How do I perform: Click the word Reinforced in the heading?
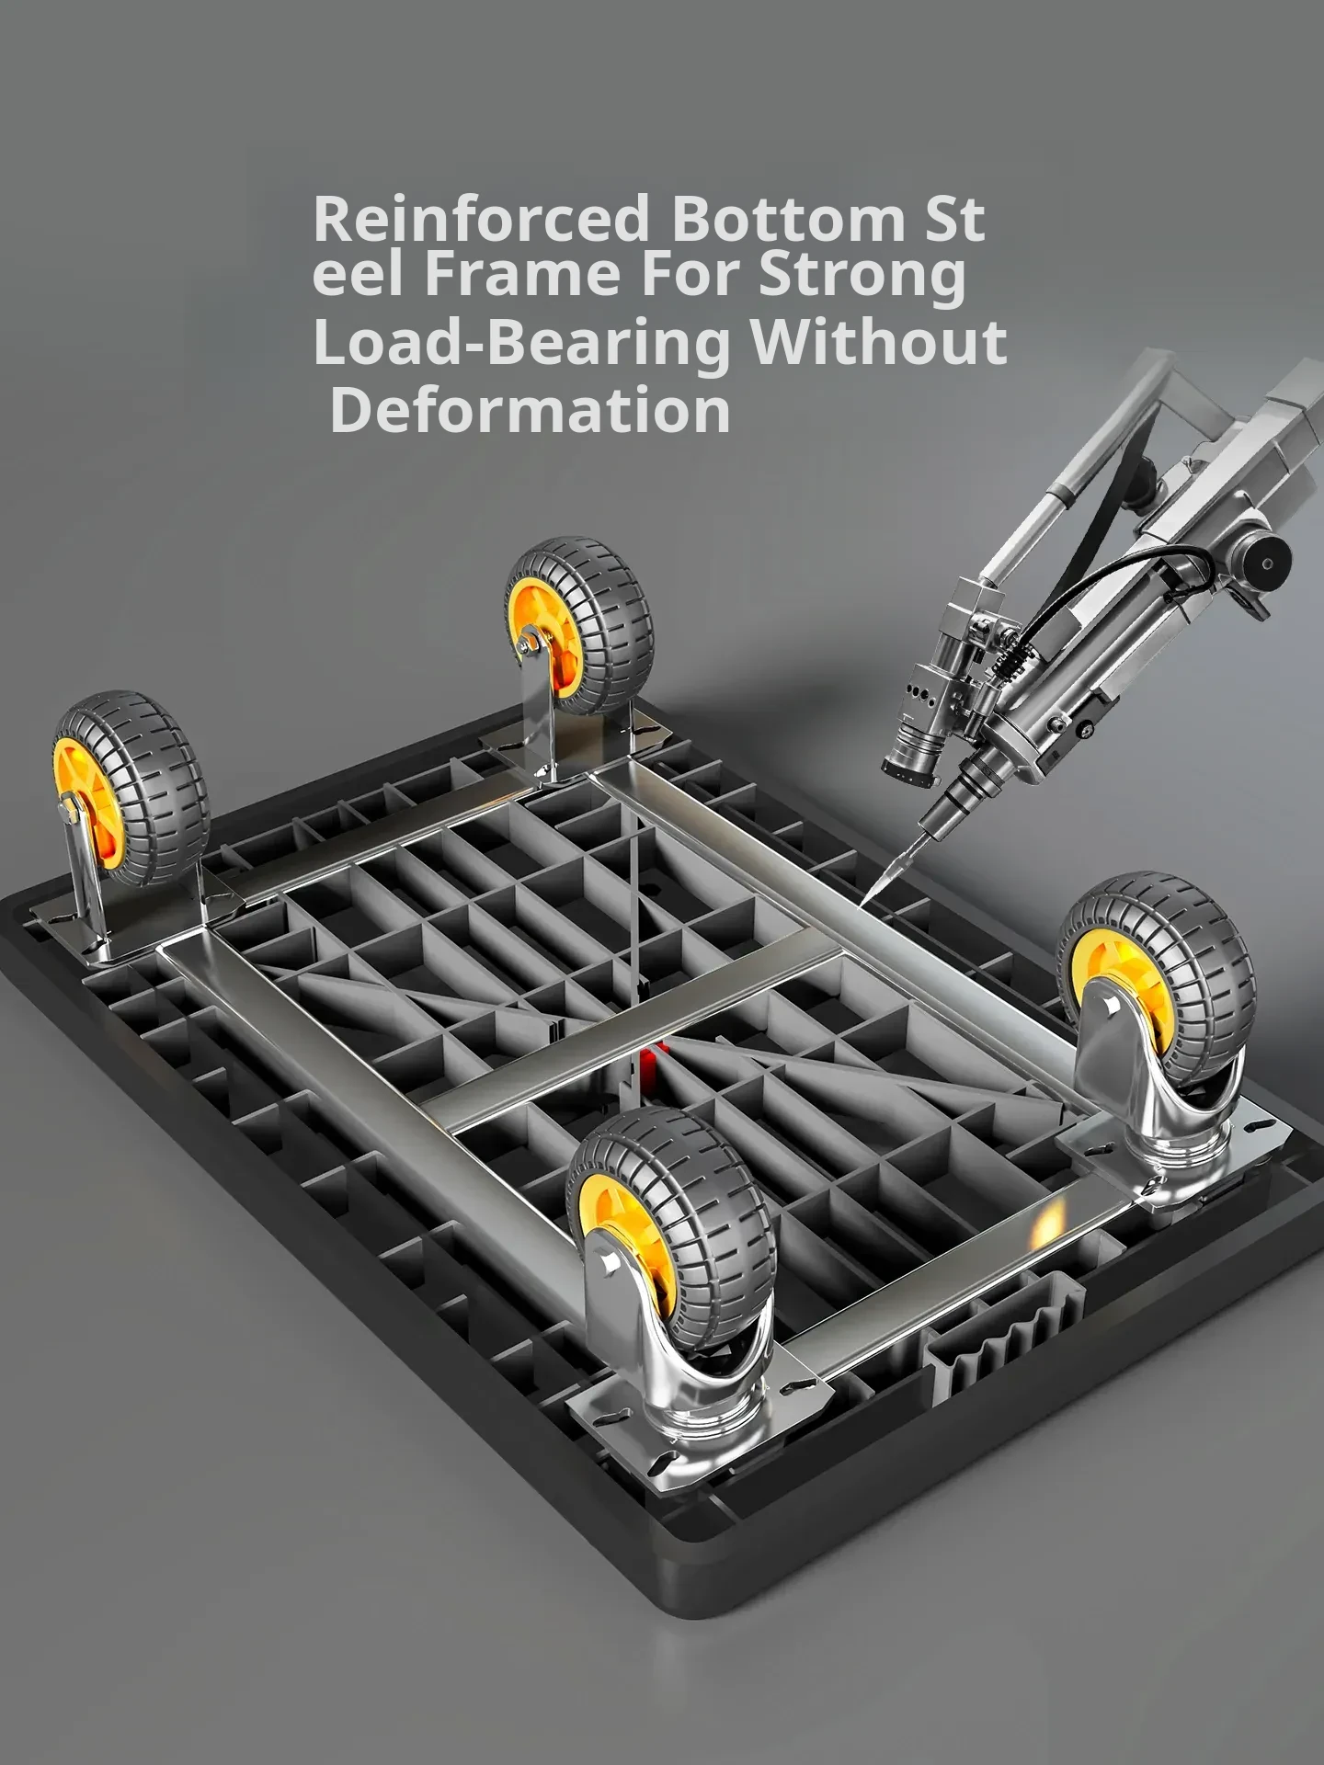point(480,218)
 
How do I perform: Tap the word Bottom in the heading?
point(787,218)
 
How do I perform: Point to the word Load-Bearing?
point(522,343)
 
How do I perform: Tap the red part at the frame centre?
point(651,1068)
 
